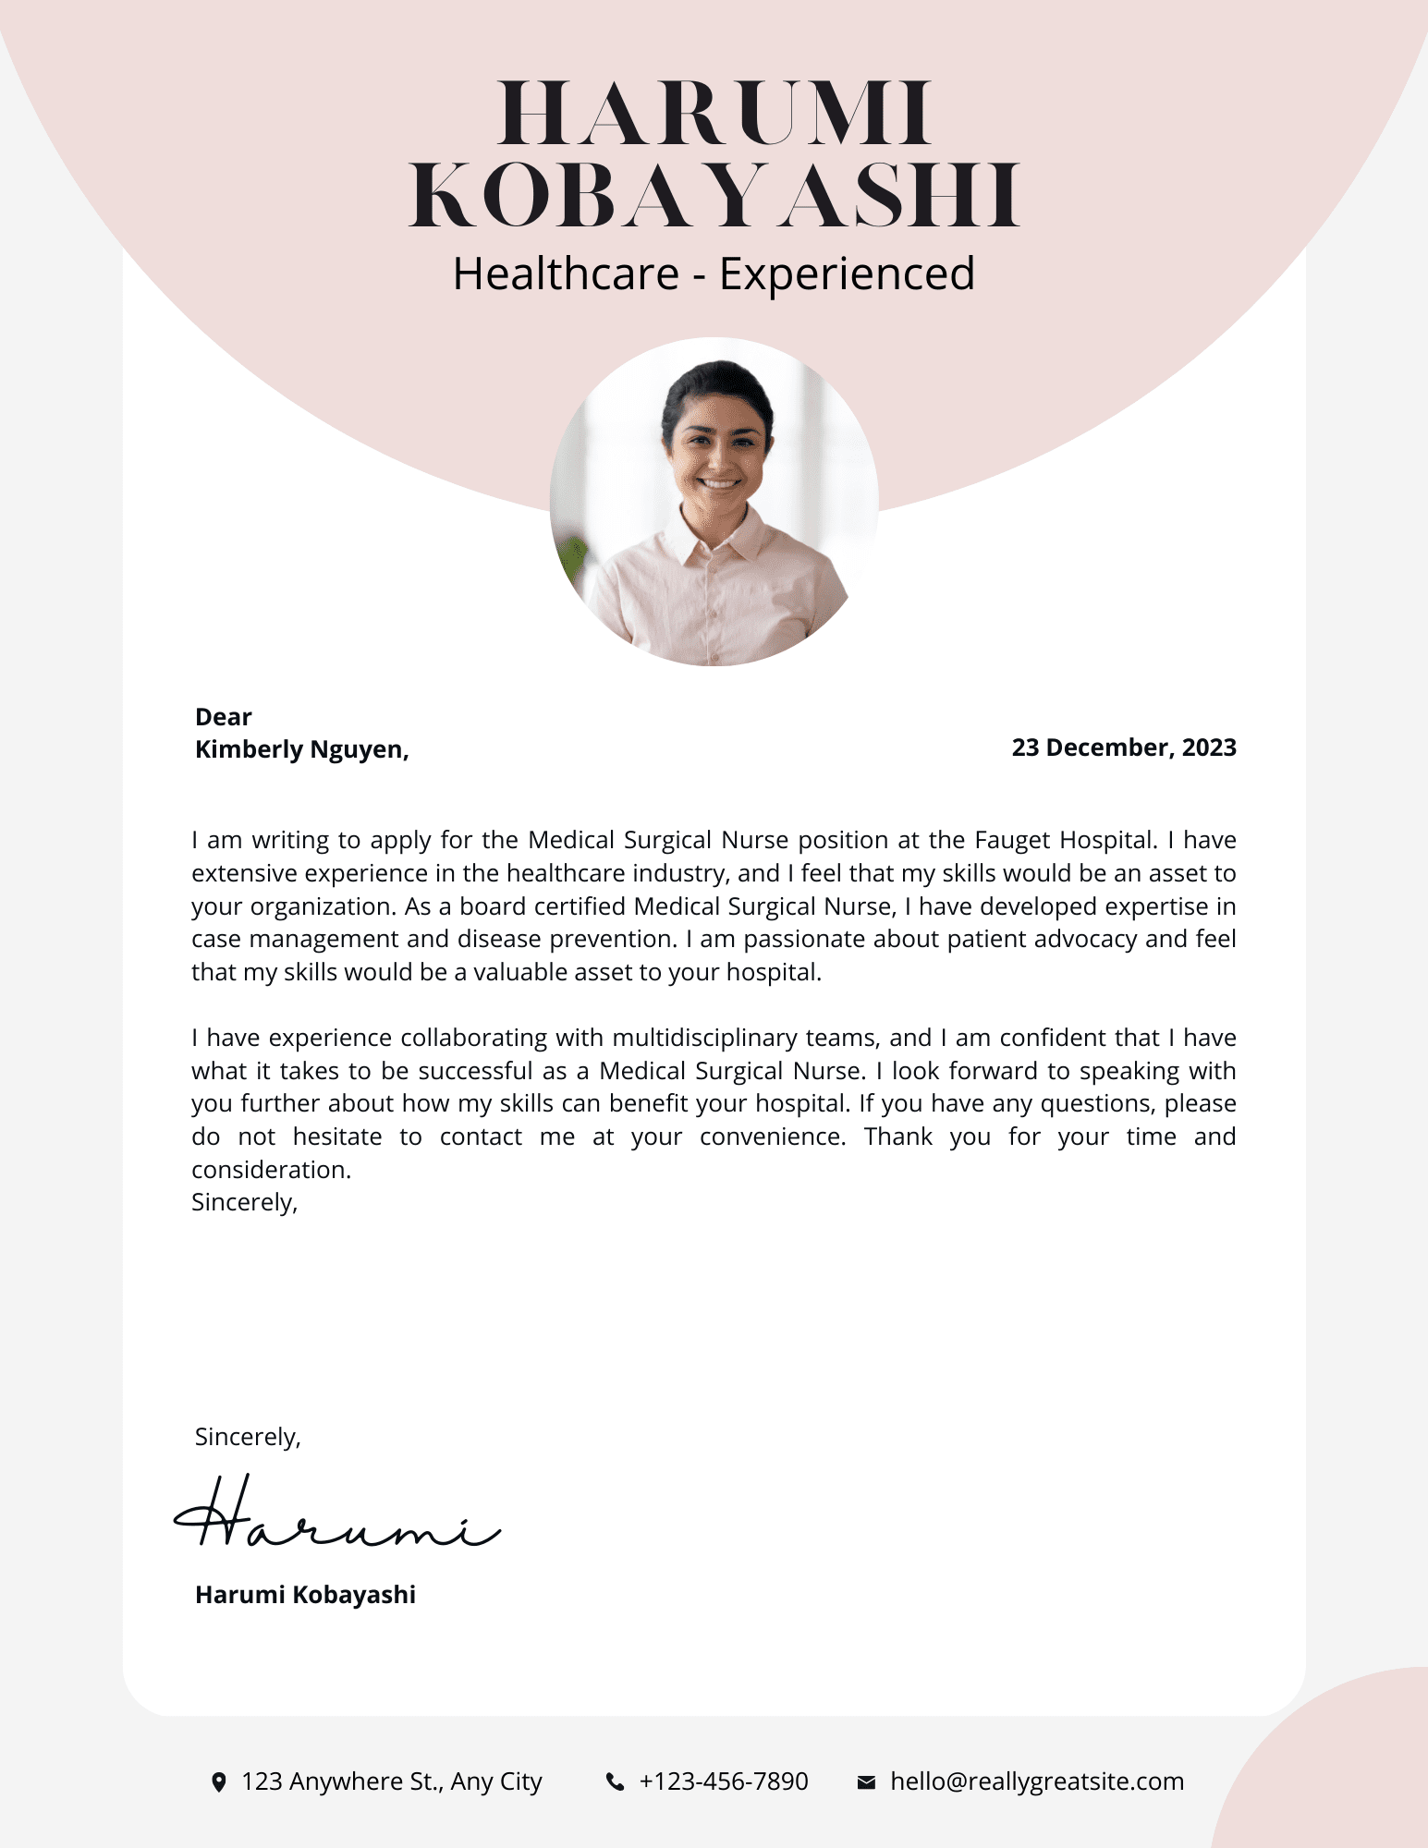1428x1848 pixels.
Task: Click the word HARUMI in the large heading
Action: pyautogui.click(x=714, y=115)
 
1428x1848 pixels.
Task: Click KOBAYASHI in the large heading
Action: pyautogui.click(x=714, y=196)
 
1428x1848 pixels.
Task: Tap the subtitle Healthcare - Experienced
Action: pyautogui.click(x=714, y=274)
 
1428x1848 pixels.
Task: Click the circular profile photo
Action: pyautogui.click(x=714, y=502)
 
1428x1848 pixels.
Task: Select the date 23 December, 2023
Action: pyautogui.click(x=1123, y=748)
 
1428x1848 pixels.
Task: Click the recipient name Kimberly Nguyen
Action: pyautogui.click(x=301, y=749)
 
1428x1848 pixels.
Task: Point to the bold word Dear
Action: pyautogui.click(x=223, y=717)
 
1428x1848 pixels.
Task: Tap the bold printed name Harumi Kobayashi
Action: pyautogui.click(x=305, y=1595)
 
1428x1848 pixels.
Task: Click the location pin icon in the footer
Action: pyautogui.click(x=219, y=1782)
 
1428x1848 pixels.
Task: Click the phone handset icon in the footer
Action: pyautogui.click(x=615, y=1782)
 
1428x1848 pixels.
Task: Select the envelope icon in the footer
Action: pyautogui.click(x=866, y=1782)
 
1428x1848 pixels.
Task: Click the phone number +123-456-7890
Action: pyautogui.click(x=724, y=1781)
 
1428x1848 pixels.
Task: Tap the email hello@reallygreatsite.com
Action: pyautogui.click(x=1036, y=1781)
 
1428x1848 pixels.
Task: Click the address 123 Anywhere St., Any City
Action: pyautogui.click(x=391, y=1781)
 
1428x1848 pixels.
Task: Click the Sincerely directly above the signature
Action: pyautogui.click(x=248, y=1437)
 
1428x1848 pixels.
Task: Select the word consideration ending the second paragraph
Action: pyautogui.click(x=271, y=1170)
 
